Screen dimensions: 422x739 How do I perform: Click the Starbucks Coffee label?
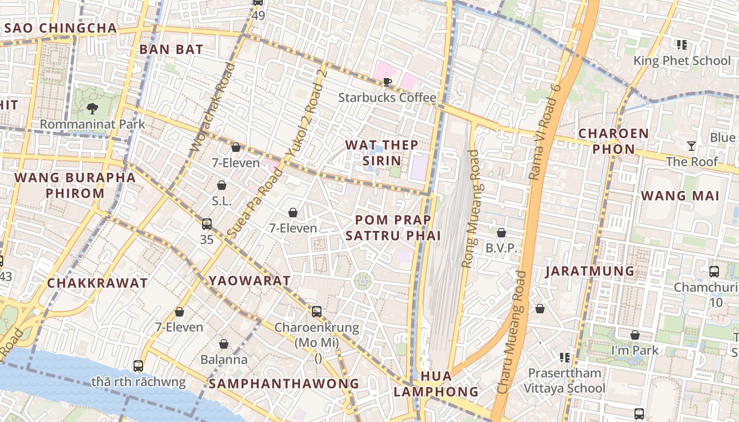pos(387,98)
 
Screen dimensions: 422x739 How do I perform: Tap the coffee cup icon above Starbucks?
pos(387,82)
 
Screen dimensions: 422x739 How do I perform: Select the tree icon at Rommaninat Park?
pos(92,109)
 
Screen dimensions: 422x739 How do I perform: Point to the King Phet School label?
pos(682,61)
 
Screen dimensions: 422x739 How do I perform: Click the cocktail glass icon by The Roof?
pos(691,146)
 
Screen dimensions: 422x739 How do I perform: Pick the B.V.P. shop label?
pos(501,248)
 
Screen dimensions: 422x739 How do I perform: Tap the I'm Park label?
pos(635,350)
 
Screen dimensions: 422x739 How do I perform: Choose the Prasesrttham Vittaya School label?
pos(564,381)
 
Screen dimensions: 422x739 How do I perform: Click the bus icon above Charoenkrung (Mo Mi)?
pos(317,312)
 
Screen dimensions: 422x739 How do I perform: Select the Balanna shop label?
pos(224,360)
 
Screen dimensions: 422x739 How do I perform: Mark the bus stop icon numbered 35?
pos(207,224)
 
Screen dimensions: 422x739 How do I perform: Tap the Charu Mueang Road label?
pos(511,332)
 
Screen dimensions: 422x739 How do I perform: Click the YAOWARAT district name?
pos(249,281)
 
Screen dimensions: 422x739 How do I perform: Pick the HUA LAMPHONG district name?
pos(436,384)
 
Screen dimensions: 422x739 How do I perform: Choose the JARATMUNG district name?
pos(590,271)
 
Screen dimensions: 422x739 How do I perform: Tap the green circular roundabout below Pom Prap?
pos(363,281)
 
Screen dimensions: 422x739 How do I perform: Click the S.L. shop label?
pos(222,201)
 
